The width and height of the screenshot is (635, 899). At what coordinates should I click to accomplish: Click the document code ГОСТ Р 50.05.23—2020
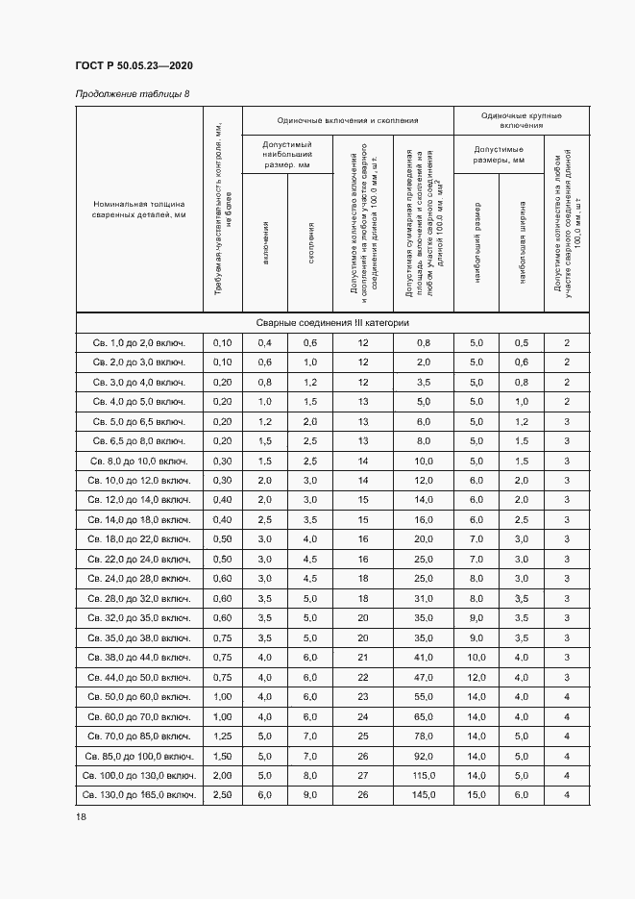(x=134, y=65)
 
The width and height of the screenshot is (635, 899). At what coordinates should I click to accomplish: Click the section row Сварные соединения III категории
(x=332, y=323)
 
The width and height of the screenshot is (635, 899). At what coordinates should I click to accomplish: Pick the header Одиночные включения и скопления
(x=348, y=120)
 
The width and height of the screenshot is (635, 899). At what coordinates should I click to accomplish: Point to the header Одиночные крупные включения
(x=522, y=120)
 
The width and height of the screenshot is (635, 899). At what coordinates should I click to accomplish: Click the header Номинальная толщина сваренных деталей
(x=139, y=210)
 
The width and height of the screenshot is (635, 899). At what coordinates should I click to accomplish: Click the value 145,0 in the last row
(x=424, y=795)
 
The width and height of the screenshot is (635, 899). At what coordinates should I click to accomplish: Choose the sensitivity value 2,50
(x=222, y=795)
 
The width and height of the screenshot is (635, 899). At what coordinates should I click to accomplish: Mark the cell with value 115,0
(x=424, y=775)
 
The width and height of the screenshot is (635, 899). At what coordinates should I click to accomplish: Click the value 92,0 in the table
(x=424, y=756)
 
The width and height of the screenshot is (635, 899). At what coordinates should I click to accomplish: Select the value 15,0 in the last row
(x=476, y=795)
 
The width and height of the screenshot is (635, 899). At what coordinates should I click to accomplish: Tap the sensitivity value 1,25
(x=222, y=736)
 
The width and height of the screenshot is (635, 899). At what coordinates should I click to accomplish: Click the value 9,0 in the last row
(x=310, y=795)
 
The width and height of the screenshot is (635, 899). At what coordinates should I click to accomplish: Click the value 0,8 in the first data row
(x=424, y=342)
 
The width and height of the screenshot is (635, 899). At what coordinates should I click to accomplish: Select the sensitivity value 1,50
(x=222, y=756)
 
